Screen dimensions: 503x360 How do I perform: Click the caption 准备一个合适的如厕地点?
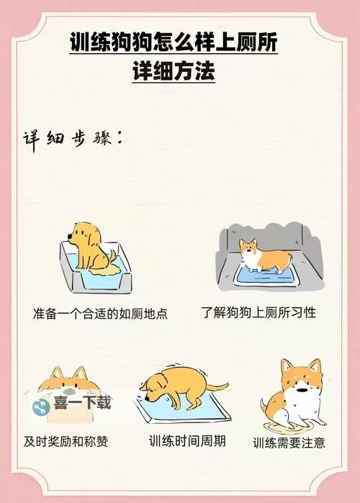[x=100, y=314]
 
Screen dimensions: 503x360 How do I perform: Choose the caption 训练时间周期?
[x=187, y=440]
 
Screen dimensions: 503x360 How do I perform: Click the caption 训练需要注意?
[x=289, y=443]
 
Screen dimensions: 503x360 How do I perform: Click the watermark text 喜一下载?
[x=81, y=403]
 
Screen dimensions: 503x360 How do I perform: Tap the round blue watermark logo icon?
[x=41, y=404]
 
